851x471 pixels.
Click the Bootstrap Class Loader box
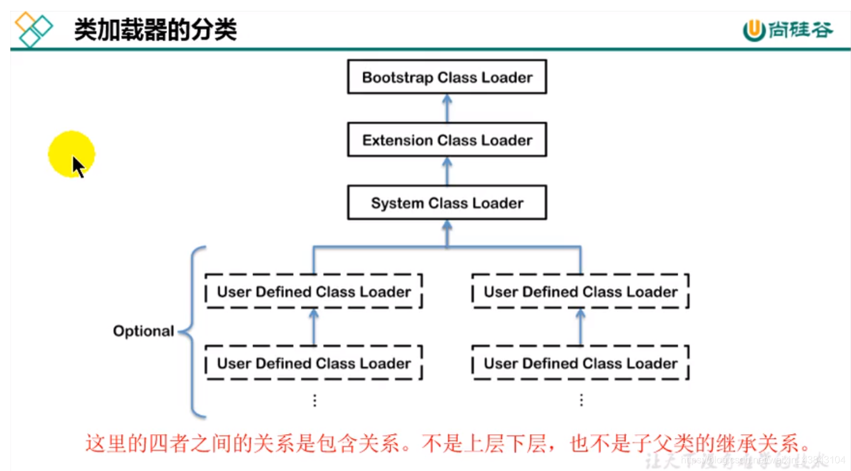pyautogui.click(x=447, y=77)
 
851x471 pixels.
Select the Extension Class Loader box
pyautogui.click(x=447, y=140)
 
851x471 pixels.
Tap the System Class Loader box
pyautogui.click(x=447, y=203)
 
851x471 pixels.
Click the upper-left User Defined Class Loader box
pyautogui.click(x=314, y=292)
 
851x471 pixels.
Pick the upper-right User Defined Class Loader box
pyautogui.click(x=580, y=292)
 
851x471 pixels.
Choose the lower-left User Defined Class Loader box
pyautogui.click(x=314, y=363)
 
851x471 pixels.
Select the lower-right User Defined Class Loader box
pyautogui.click(x=580, y=363)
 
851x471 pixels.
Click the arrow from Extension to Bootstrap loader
pyautogui.click(x=447, y=108)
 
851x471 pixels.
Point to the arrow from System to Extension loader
pyautogui.click(x=447, y=171)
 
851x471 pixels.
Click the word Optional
pyautogui.click(x=143, y=331)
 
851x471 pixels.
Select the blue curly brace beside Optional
pyautogui.click(x=192, y=332)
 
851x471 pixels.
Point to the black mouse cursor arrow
pyautogui.click(x=78, y=166)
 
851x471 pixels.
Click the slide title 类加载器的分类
pyautogui.click(x=155, y=28)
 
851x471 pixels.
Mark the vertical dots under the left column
pyautogui.click(x=314, y=400)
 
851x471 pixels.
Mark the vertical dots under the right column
pyautogui.click(x=581, y=400)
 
